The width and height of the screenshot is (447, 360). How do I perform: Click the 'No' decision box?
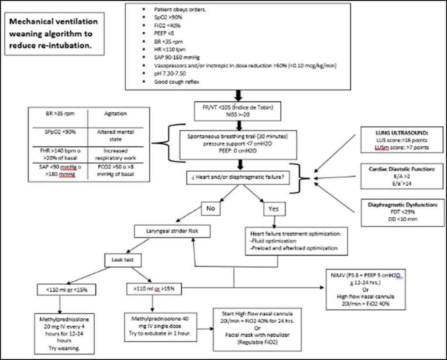click(x=211, y=208)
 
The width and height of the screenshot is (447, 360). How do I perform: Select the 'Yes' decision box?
click(x=274, y=209)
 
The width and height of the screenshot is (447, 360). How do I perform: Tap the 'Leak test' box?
click(x=123, y=260)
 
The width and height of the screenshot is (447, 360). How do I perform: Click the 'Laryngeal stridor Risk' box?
click(x=172, y=231)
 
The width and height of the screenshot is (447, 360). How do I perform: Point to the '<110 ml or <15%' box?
click(x=67, y=290)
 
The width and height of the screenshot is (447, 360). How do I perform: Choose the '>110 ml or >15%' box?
click(x=154, y=289)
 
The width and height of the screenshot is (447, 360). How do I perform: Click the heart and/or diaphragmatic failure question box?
click(x=238, y=177)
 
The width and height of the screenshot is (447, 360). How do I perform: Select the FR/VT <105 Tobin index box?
click(x=237, y=111)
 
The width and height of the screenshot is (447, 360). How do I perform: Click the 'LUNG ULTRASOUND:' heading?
click(x=402, y=133)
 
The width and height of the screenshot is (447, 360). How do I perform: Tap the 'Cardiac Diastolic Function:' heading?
click(x=402, y=169)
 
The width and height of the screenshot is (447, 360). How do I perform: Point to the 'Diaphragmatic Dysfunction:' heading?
click(x=402, y=205)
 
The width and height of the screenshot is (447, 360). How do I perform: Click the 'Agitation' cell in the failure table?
click(x=115, y=114)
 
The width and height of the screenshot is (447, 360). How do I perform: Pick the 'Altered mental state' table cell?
click(x=115, y=135)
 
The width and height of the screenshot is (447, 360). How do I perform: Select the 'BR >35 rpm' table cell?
click(x=60, y=114)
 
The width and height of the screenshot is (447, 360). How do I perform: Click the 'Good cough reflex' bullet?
click(x=177, y=82)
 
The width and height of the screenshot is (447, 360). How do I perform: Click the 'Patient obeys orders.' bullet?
click(x=180, y=10)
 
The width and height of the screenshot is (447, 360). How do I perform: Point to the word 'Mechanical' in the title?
click(x=30, y=21)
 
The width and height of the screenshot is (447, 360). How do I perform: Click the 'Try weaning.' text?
click(x=65, y=348)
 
